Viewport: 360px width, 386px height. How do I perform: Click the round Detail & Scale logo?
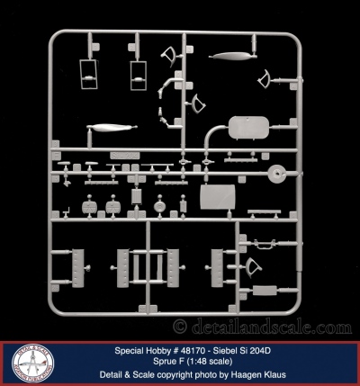[x=33, y=364]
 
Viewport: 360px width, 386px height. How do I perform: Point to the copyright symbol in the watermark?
[x=180, y=327]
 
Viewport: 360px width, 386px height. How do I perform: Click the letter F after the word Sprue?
[x=182, y=362]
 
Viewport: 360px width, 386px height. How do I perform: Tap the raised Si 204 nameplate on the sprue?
[x=125, y=156]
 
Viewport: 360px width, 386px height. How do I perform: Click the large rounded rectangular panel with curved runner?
[x=248, y=128]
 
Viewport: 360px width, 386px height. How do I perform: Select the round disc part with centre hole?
[x=277, y=174]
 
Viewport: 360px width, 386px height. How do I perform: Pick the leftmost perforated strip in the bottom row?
[x=77, y=268]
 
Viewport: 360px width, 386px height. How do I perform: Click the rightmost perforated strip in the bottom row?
[x=217, y=268]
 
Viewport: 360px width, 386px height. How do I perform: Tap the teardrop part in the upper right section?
[x=231, y=56]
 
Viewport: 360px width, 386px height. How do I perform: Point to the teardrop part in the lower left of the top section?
[x=112, y=128]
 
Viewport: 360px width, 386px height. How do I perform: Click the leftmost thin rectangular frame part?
[x=88, y=74]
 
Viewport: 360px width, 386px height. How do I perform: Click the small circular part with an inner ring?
[x=160, y=206]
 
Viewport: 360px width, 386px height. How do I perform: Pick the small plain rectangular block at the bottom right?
[x=265, y=291]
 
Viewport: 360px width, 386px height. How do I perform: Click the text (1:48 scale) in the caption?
[x=210, y=362]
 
